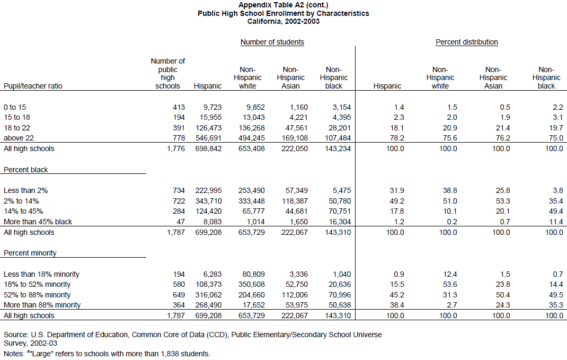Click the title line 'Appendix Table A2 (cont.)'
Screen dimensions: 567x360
[x=283, y=5]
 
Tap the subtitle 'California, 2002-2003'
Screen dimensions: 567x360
[x=283, y=21]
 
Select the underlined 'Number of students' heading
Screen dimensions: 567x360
[x=272, y=42]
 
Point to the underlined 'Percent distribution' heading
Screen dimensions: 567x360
[x=467, y=42]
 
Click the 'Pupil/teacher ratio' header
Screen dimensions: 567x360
[x=33, y=86]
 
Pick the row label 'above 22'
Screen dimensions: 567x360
[x=19, y=138]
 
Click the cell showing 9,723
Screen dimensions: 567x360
[x=212, y=107]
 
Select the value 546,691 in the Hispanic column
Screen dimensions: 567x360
[x=208, y=138]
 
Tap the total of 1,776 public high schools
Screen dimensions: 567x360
[x=176, y=148]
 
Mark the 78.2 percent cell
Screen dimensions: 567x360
[x=397, y=138]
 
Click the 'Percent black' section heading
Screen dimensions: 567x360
[x=25, y=170]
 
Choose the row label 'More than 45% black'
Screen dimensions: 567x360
[x=38, y=222]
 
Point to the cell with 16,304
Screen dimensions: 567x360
[x=340, y=222]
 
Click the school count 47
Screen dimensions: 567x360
[x=181, y=222]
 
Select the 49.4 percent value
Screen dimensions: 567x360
[x=556, y=211]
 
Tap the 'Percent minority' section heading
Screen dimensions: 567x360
[x=30, y=253]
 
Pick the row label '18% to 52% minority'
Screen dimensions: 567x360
[x=37, y=284]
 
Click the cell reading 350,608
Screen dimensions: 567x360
[x=251, y=284]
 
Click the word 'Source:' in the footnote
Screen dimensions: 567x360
[x=16, y=335]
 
